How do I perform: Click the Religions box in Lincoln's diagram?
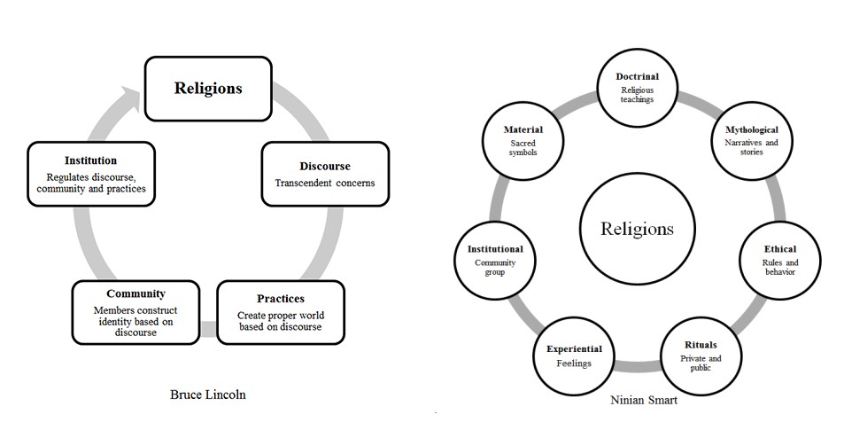[x=208, y=89]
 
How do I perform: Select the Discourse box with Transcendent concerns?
[x=324, y=174]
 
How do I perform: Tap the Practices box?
[x=281, y=312]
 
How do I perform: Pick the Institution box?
[x=91, y=175]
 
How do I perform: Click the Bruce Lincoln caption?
[x=208, y=395]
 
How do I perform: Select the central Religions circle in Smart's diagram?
[x=637, y=229]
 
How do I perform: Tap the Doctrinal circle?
[x=638, y=88]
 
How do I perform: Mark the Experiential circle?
[x=574, y=356]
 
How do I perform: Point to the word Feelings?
[x=574, y=364]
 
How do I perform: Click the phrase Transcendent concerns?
[x=325, y=184]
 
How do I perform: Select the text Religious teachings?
[x=638, y=94]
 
